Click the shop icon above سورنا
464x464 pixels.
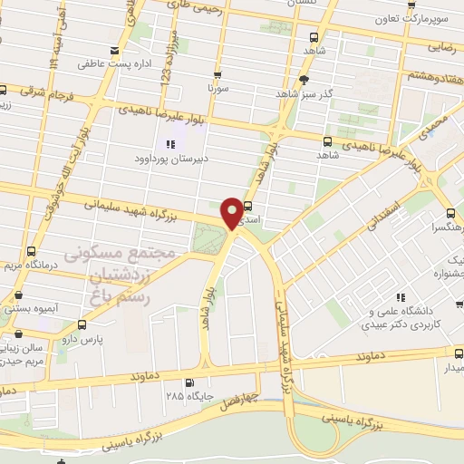click(217, 75)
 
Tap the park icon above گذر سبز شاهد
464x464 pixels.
click(289, 78)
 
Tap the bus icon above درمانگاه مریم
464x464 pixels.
click(32, 251)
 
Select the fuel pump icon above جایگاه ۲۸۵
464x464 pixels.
click(188, 382)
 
